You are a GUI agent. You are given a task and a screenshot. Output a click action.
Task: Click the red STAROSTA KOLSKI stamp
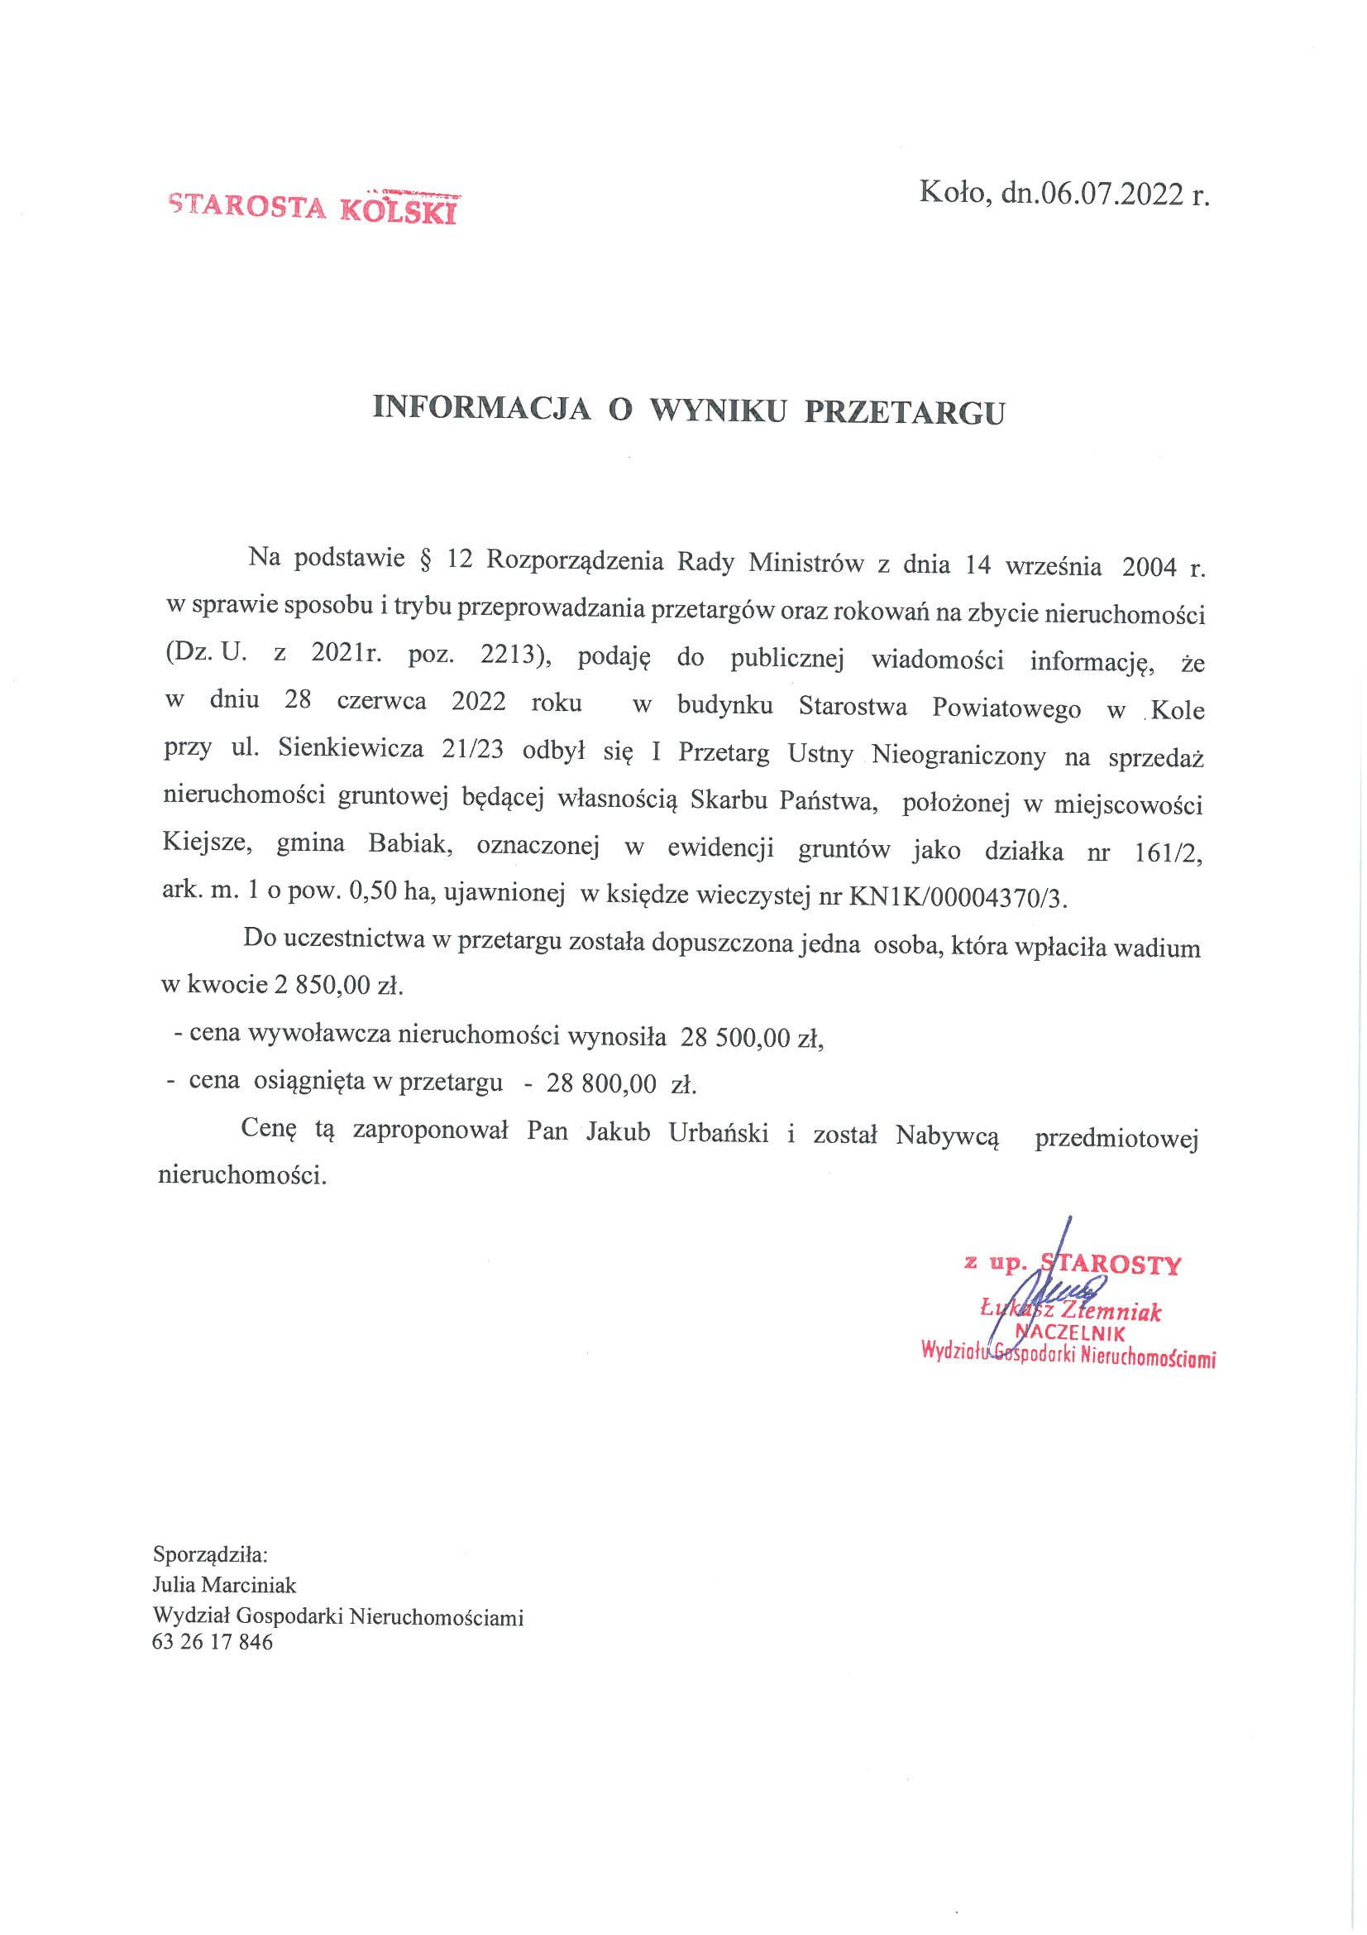(x=313, y=205)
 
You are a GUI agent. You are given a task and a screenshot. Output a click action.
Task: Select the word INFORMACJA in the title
(x=481, y=410)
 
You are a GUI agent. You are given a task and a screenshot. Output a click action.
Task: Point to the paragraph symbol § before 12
(x=423, y=562)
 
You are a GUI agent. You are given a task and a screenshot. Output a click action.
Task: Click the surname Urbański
(x=718, y=1133)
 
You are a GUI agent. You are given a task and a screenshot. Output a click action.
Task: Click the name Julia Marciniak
(x=225, y=1585)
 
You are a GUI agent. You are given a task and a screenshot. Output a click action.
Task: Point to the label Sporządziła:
(x=210, y=1553)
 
